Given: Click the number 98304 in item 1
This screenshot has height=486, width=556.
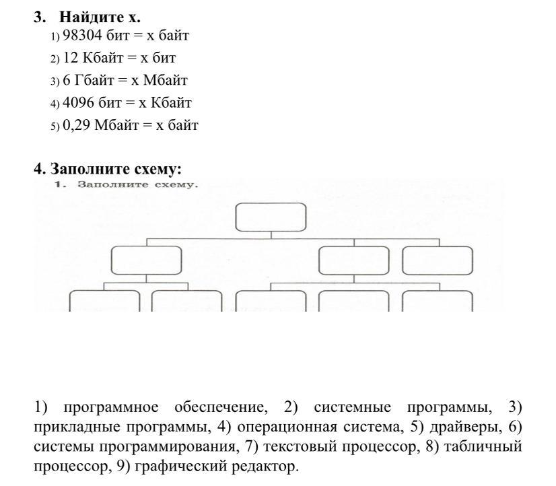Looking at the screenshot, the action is tap(82, 35).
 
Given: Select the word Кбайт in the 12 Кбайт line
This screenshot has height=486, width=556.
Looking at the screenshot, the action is tap(102, 57).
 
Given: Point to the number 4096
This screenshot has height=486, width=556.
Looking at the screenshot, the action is tap(78, 102).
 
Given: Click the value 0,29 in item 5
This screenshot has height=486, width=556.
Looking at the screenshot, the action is tap(77, 125).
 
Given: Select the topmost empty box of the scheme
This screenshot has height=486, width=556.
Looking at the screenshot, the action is tap(271, 217).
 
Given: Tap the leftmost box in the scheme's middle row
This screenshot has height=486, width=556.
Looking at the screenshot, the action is tap(147, 261).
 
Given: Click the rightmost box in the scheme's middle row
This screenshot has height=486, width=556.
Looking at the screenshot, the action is tap(438, 261).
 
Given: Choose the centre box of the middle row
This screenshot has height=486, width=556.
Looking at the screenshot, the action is tap(354, 261).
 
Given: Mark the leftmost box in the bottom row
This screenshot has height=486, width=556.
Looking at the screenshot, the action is tap(104, 301).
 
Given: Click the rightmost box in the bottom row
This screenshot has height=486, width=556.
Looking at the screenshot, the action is tap(438, 301).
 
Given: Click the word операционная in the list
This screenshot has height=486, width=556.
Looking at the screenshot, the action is tap(287, 427).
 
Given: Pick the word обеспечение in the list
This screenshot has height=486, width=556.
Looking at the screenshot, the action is tap(221, 408).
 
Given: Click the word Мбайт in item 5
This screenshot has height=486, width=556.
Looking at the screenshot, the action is tap(116, 125).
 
